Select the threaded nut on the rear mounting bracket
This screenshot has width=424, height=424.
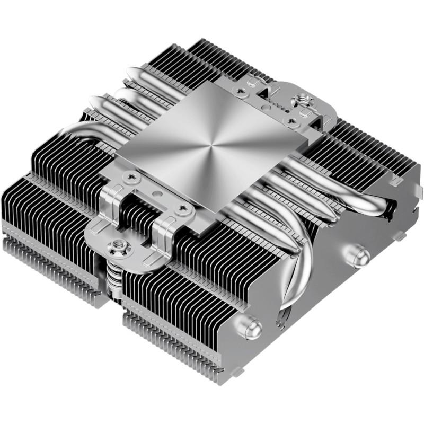(x=304, y=99)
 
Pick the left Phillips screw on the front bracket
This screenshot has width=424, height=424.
(x=130, y=174)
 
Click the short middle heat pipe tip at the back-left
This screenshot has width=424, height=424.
(x=122, y=94)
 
